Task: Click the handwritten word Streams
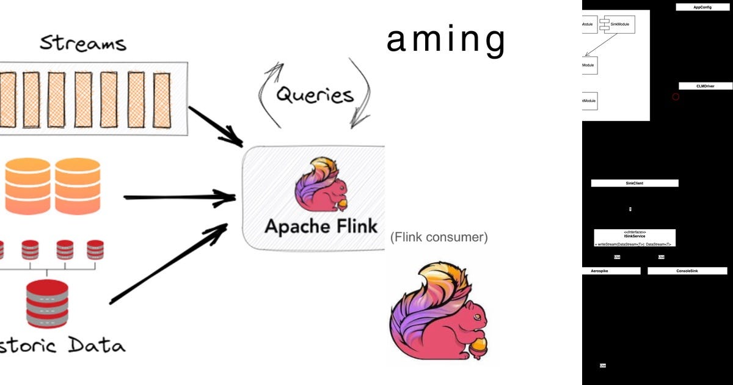83,43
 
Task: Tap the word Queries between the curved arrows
315,95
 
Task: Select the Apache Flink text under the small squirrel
320,226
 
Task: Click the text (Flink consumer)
439,238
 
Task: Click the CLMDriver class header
705,87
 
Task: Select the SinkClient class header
634,183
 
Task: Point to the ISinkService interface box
634,238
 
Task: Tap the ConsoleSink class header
687,271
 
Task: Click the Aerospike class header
611,271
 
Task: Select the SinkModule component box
617,24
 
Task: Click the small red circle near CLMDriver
676,97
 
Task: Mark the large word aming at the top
446,40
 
